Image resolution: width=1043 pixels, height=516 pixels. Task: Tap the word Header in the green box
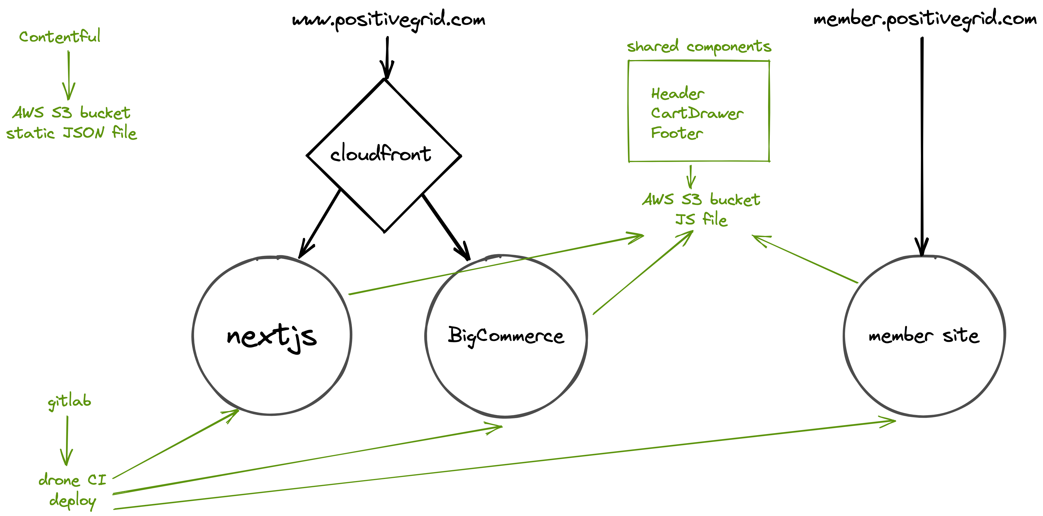pos(677,94)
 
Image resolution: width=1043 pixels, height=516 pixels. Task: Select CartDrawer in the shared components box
pos(697,113)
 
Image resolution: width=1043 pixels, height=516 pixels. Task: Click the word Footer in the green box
pos(676,133)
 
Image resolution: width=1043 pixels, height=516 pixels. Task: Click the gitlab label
pos(69,402)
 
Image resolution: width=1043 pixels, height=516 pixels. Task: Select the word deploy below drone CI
pos(73,501)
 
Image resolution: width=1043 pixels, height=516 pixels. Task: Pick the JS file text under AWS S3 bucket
pos(701,219)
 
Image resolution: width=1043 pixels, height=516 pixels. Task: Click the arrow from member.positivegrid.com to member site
pos(922,146)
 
